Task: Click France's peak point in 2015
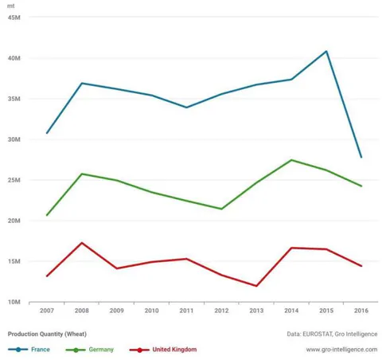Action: pos(326,51)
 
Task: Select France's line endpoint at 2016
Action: pos(361,157)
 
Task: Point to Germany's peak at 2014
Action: pos(291,160)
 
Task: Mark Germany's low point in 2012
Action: pos(221,209)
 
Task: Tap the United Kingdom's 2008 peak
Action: pos(82,243)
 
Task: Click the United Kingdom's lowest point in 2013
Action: pos(256,286)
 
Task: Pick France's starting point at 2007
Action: pos(47,133)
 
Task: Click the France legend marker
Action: pos(18,350)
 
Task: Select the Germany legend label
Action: pos(101,350)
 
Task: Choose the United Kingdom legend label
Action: pos(174,350)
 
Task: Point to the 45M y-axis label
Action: pos(14,18)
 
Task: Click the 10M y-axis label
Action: pos(14,302)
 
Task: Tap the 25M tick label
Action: pos(14,180)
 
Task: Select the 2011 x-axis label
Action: pos(186,311)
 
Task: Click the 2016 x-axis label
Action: pos(361,311)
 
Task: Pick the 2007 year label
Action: pos(47,311)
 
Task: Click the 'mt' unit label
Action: pos(11,6)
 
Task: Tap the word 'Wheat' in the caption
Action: pos(76,334)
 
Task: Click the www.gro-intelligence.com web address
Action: pos(341,350)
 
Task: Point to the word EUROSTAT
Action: pos(317,334)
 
